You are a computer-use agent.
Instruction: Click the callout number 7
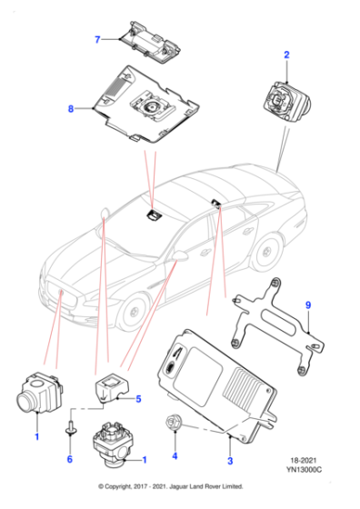point(95,39)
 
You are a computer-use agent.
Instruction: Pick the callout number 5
point(138,398)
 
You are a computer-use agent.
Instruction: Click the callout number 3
point(230,462)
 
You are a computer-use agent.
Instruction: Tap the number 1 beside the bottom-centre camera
point(143,462)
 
